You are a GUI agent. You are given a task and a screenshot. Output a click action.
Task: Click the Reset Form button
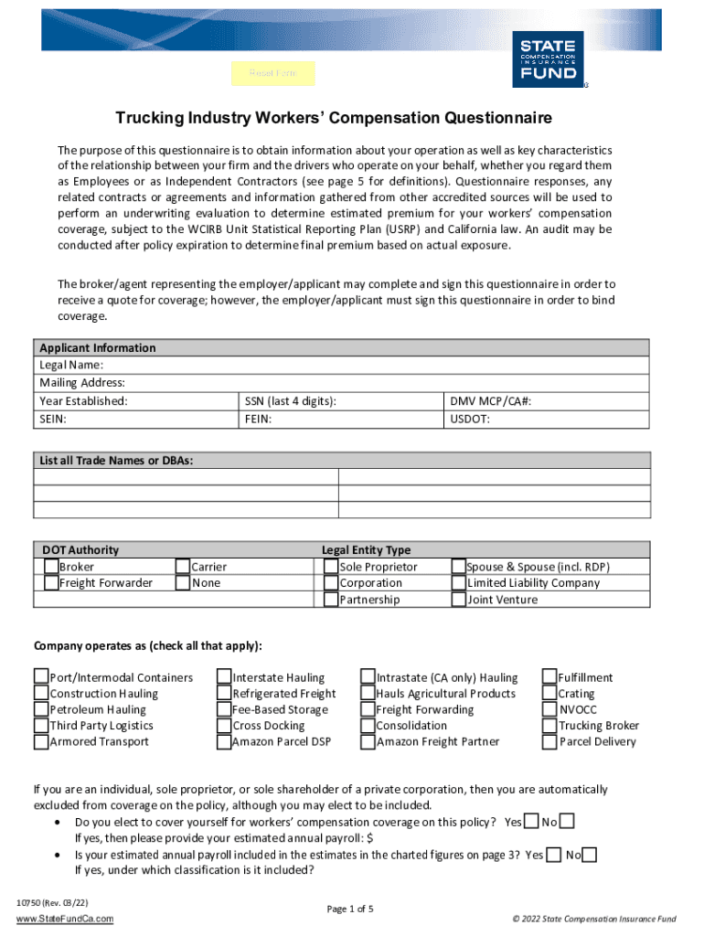click(273, 73)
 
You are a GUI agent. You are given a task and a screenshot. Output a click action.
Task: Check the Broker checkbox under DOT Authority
click(51, 567)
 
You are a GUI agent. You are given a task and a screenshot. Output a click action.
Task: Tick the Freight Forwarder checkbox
click(51, 583)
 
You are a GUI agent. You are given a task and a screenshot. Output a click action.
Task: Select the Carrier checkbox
click(183, 567)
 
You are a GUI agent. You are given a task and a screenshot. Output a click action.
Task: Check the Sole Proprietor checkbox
click(331, 567)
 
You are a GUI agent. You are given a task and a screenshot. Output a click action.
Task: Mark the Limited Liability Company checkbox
click(459, 583)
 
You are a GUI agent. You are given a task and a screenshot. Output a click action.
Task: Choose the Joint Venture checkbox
click(459, 600)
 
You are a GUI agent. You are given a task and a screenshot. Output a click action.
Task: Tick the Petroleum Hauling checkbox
click(41, 709)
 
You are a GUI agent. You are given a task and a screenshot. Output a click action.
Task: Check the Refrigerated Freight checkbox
click(224, 694)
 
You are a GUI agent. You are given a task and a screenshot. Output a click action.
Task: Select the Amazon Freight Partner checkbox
click(368, 741)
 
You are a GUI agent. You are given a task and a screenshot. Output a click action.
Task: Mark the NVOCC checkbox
click(550, 709)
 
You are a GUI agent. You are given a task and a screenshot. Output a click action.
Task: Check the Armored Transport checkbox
click(41, 741)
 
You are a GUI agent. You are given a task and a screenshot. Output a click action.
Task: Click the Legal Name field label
click(64, 365)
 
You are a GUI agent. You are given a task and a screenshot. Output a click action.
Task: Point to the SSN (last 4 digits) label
click(290, 401)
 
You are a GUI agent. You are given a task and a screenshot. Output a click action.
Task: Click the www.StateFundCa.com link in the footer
click(65, 919)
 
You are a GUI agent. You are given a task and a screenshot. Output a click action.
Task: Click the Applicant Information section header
click(98, 348)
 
